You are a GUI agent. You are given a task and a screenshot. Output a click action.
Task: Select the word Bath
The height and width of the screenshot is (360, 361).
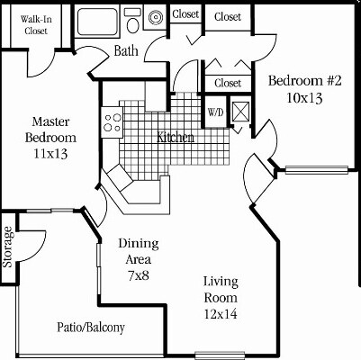(126, 52)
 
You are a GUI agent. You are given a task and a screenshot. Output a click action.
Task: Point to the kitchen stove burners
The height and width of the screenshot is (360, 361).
(113, 121)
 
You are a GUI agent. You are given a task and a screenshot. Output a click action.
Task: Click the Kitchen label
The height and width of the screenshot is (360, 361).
(176, 138)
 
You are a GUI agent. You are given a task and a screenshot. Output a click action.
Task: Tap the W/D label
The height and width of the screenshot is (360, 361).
(216, 112)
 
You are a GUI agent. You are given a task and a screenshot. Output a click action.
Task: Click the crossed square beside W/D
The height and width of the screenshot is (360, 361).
(240, 112)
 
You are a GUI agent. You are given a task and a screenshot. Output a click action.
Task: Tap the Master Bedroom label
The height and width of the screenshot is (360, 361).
(50, 129)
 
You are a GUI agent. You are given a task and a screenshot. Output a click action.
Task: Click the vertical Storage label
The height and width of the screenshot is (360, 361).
(8, 247)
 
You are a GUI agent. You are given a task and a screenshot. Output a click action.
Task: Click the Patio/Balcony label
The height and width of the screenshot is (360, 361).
(90, 327)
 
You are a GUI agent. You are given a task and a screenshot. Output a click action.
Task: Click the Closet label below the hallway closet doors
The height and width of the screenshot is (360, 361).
(227, 84)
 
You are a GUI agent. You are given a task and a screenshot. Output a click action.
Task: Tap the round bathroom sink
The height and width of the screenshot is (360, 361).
(154, 15)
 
